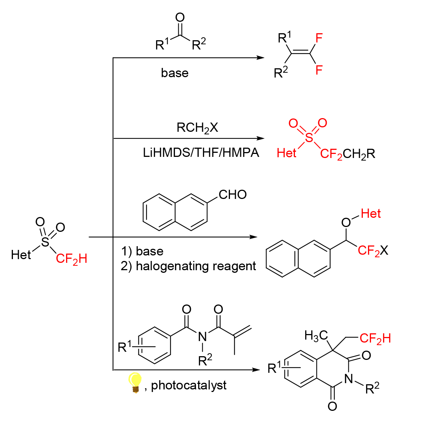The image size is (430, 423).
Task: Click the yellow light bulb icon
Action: (x=135, y=382)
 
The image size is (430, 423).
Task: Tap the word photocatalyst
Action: (x=189, y=385)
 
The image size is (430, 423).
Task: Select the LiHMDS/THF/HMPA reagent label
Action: (x=201, y=152)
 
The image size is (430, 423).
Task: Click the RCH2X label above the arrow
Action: (x=197, y=128)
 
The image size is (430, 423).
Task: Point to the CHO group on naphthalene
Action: (x=233, y=195)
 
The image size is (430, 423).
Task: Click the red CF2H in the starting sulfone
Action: (x=72, y=259)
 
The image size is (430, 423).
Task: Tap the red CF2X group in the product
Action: (x=373, y=251)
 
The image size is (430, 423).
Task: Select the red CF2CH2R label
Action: (x=347, y=154)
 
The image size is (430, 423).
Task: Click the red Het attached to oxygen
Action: (x=371, y=213)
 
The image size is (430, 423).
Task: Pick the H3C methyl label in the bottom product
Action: (x=316, y=336)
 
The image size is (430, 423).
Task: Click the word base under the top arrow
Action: (x=175, y=73)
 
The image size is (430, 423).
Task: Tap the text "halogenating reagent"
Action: (x=196, y=266)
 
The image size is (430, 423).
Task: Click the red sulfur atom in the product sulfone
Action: (x=309, y=137)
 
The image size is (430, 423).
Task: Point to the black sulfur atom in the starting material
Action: (x=45, y=242)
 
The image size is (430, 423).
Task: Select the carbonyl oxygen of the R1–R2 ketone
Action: (x=180, y=17)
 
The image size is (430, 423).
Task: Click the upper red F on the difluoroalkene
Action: (x=319, y=38)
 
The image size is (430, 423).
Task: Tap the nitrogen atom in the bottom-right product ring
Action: (x=348, y=379)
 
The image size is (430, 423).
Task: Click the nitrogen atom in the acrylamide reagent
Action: (x=202, y=337)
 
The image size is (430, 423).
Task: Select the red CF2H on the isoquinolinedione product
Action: (x=375, y=338)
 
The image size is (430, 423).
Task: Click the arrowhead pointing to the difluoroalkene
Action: (x=260, y=58)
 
